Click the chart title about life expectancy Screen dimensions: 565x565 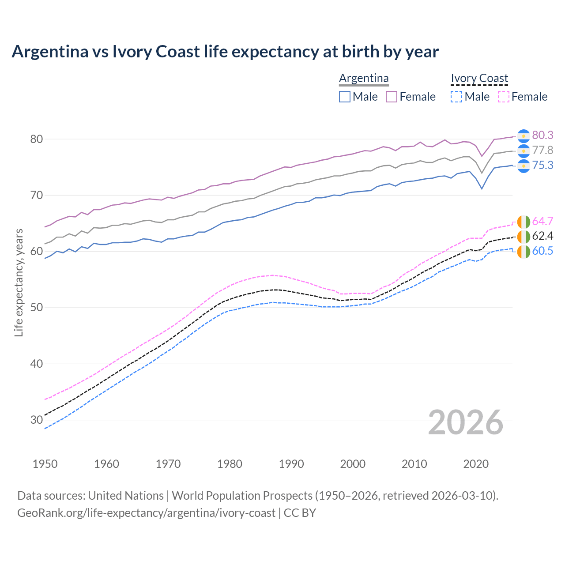225,52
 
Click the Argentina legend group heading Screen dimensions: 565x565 364,79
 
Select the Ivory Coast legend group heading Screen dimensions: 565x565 479,79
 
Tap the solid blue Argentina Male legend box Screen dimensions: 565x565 345,97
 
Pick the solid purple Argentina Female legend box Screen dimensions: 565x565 392,97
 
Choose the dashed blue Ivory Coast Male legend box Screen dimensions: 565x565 456,97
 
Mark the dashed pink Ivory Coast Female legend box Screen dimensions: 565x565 504,97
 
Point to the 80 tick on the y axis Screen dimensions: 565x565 36,139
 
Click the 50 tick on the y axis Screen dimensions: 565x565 36,308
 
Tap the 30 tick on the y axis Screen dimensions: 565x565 36,420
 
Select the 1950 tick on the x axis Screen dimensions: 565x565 45,464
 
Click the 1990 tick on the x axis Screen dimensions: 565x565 291,464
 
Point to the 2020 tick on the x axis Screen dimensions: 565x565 476,464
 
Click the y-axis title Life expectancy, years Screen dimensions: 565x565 19,282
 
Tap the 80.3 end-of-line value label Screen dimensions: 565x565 542,135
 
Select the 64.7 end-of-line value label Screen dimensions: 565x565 542,221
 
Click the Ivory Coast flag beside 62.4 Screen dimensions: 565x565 524,237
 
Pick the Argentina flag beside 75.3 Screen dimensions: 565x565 524,166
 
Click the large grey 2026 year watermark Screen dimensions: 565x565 466,422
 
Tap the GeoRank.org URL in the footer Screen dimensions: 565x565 146,513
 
